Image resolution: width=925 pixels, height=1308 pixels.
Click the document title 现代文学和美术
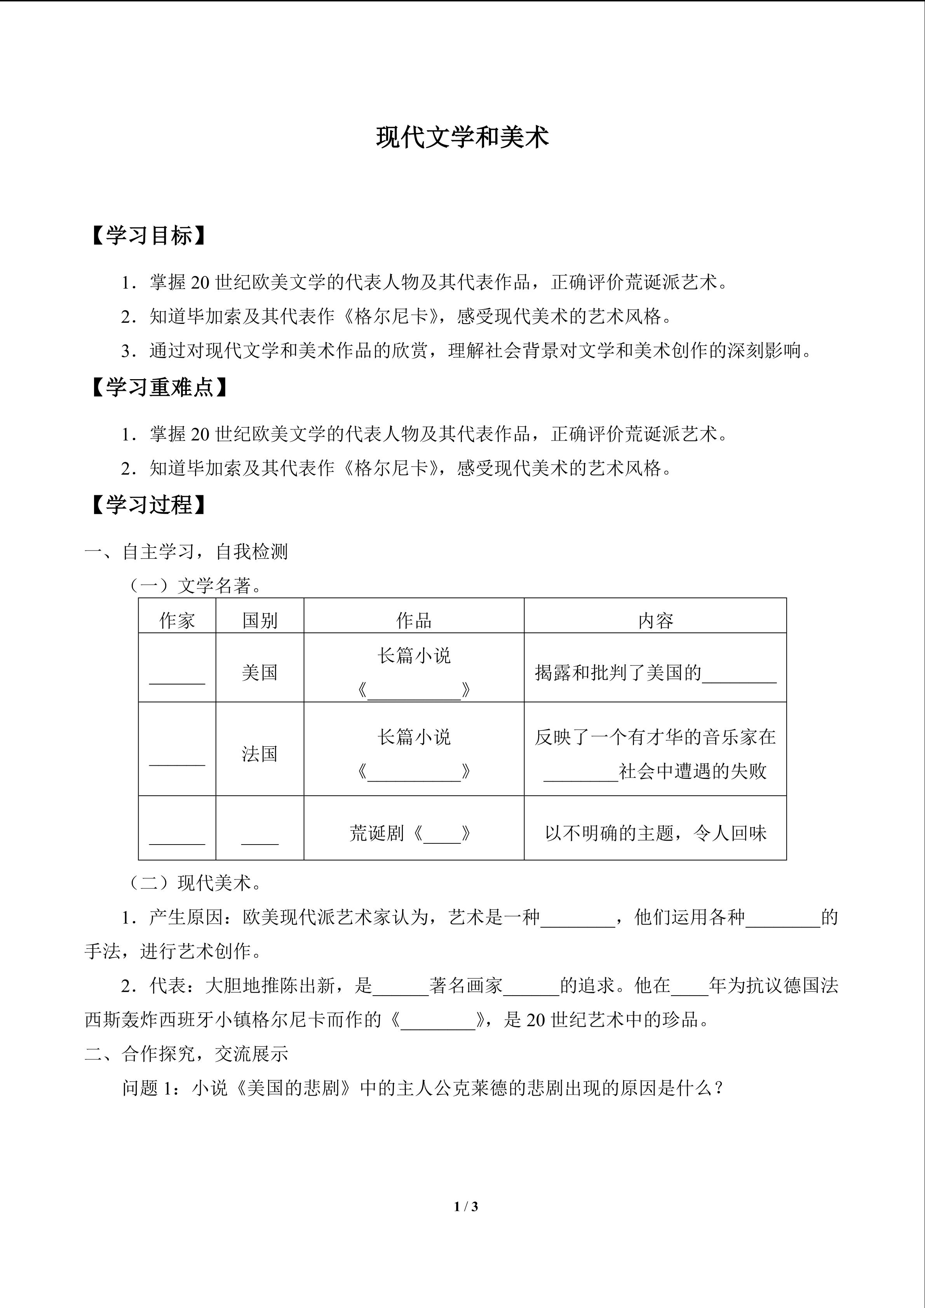[x=462, y=138]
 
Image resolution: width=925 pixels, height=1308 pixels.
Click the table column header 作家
[x=177, y=620]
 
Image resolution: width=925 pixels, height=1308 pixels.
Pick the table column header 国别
[x=260, y=620]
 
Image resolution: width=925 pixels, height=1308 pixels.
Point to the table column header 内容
[x=655, y=620]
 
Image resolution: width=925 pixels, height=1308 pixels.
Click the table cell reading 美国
[x=260, y=673]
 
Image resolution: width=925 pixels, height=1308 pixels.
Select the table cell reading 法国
[x=260, y=754]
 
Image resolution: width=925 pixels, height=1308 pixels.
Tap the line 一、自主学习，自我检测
[x=186, y=552]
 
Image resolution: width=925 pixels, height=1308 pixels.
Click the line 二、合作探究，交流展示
[x=186, y=1054]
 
